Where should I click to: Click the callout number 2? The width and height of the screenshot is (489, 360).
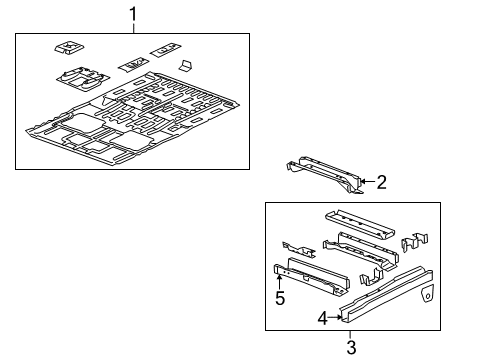coord(380,181)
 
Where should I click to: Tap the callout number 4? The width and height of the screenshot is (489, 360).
coord(323,319)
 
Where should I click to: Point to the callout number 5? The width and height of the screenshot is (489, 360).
coord(281,297)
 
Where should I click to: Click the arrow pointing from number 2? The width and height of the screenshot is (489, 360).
coord(366,181)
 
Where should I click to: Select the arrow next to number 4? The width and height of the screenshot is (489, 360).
coord(335,318)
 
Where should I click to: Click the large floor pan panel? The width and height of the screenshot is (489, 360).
coord(130,124)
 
